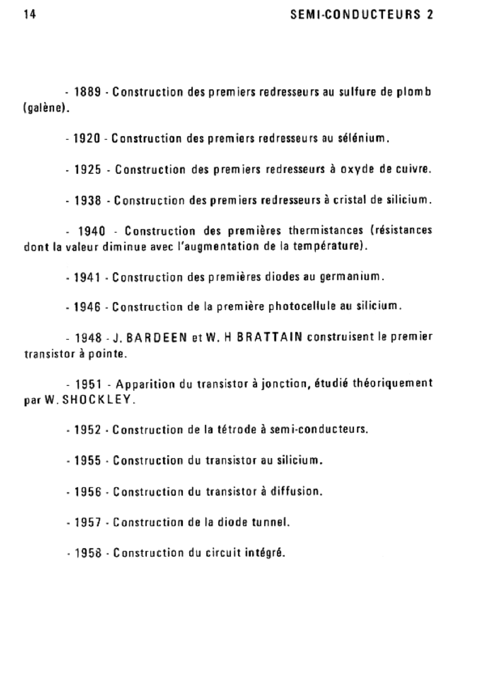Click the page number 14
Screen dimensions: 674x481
click(29, 14)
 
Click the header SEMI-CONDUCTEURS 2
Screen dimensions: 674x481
click(362, 14)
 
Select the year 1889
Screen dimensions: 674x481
click(88, 92)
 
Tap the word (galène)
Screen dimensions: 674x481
click(46, 108)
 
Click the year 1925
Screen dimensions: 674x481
click(88, 170)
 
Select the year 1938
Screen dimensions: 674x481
click(88, 201)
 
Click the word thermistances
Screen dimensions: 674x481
click(326, 231)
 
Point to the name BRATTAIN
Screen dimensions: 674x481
click(270, 338)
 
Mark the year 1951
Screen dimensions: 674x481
click(88, 385)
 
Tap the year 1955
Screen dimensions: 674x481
click(88, 460)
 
